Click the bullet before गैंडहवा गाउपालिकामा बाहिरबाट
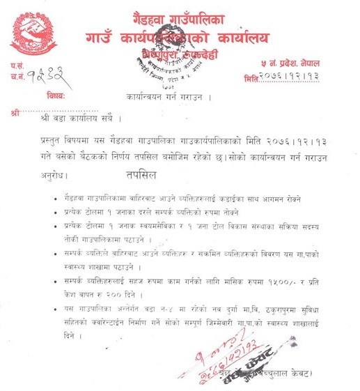click(56, 199)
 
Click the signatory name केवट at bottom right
click(320, 374)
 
